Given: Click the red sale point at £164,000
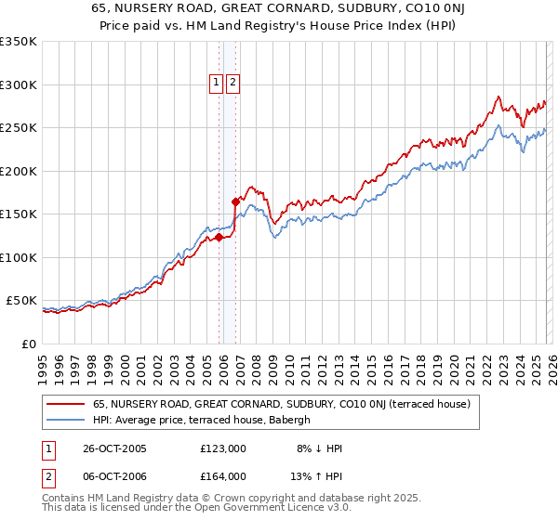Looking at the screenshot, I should (235, 201).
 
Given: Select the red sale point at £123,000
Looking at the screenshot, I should (219, 237).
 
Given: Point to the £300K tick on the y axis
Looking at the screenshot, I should (19, 84).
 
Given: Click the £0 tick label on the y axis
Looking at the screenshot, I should (28, 344).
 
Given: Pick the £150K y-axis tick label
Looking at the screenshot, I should (19, 214).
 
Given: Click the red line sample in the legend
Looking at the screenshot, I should (66, 404).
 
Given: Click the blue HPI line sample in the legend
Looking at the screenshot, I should (66, 420).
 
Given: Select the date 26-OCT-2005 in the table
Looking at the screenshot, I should (113, 448).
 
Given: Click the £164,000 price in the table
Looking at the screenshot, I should (223, 476).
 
